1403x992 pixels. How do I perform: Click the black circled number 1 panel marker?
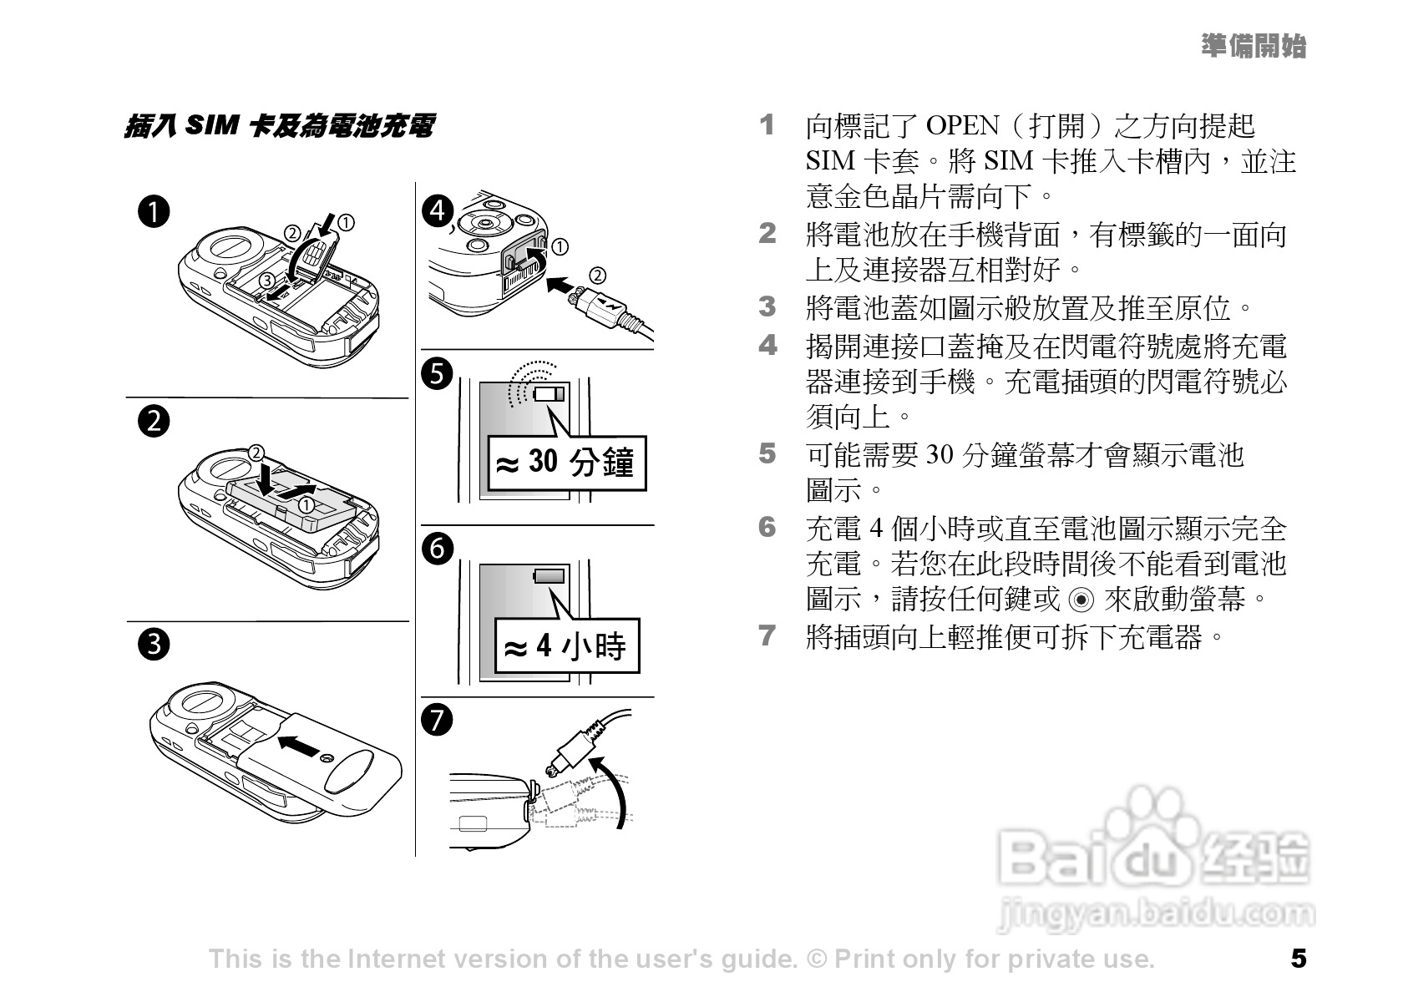(154, 211)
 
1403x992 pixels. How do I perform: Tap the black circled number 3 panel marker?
(154, 645)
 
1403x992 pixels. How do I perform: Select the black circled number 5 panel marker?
(438, 373)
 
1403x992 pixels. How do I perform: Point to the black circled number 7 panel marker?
(438, 720)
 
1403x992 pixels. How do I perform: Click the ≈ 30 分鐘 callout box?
(567, 463)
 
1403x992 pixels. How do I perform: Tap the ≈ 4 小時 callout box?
(568, 645)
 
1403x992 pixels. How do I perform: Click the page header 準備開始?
(1254, 46)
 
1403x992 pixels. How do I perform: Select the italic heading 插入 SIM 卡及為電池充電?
(279, 126)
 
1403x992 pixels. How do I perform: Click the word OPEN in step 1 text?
(962, 126)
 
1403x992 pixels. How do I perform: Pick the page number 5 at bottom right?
(1299, 959)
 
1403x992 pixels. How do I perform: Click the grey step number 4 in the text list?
(767, 345)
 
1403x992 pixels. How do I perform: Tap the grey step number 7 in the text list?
(767, 635)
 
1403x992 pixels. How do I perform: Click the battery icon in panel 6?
(549, 576)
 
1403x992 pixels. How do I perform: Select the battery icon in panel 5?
(549, 394)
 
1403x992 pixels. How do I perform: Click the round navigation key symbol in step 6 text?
(1081, 600)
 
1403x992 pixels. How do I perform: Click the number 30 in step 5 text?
(939, 454)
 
